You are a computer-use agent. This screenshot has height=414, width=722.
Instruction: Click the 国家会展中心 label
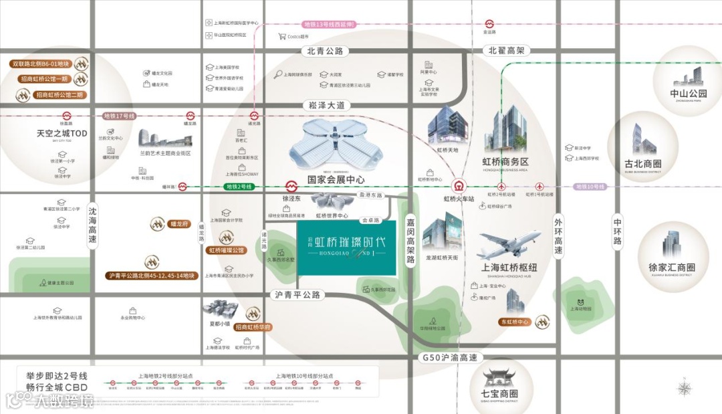pos(336,179)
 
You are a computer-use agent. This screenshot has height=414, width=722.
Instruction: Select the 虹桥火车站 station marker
pos(459,187)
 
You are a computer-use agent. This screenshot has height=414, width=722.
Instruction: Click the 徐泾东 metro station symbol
pos(291,187)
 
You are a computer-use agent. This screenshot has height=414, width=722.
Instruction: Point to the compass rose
pos(684,388)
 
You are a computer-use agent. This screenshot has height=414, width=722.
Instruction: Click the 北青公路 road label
pos(325,51)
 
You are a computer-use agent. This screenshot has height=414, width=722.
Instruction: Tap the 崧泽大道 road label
pos(326,105)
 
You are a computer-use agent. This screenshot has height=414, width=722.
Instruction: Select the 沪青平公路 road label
pos(297,295)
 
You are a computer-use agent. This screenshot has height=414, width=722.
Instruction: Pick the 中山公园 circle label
pos(688,94)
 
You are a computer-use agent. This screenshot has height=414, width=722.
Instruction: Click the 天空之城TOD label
pos(62,134)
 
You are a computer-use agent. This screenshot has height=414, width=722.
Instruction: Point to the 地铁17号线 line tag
pos(120,116)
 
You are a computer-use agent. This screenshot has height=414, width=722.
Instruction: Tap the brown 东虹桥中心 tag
pos(514,322)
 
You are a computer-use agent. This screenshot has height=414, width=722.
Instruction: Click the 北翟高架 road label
pos(506,51)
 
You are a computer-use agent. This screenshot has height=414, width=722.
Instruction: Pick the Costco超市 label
pos(295,37)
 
